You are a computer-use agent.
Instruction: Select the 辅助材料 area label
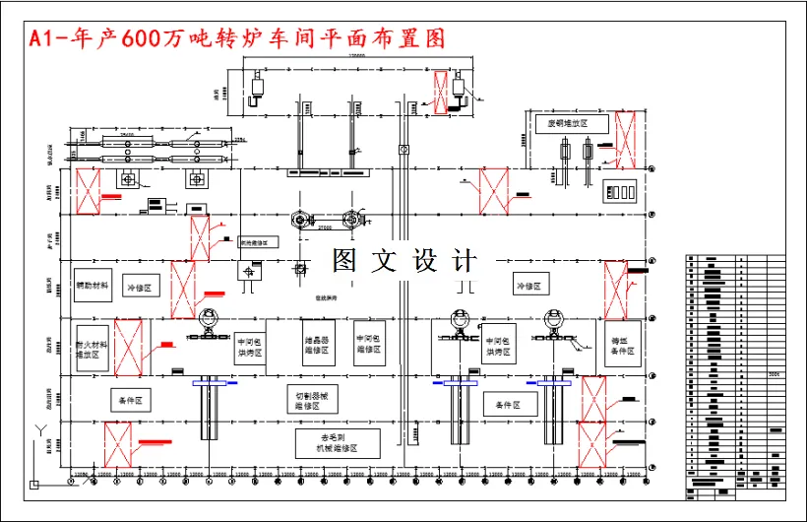click(x=93, y=286)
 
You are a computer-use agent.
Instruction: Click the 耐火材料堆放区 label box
click(x=92, y=348)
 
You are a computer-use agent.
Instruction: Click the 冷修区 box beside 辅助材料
click(x=139, y=287)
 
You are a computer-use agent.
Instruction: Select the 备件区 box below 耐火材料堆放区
click(x=131, y=401)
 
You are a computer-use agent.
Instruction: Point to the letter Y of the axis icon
click(x=38, y=430)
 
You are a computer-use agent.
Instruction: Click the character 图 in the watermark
click(x=344, y=261)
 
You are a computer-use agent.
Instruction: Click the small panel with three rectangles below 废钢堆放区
click(x=621, y=190)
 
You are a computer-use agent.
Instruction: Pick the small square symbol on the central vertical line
click(x=402, y=150)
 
